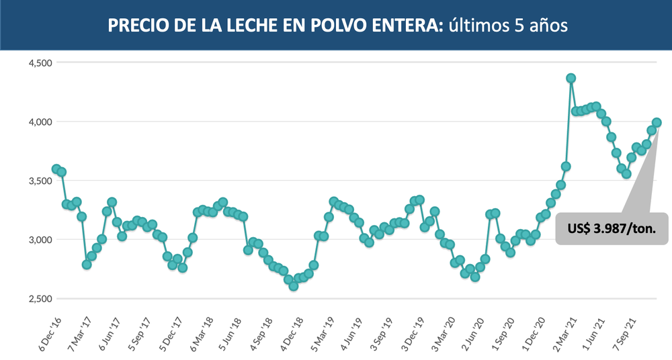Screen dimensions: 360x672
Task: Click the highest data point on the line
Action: pos(571,78)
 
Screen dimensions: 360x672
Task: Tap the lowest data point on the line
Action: pos(293,286)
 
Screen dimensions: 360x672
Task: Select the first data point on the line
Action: pos(56,169)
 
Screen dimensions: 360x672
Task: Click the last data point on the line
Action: pos(657,122)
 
